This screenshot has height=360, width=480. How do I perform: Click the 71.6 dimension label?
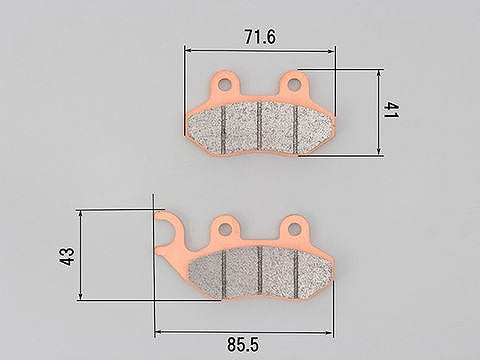coord(260,37)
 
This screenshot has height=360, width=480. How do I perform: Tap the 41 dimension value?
coord(391,110)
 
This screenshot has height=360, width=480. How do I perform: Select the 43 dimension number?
coord(67,256)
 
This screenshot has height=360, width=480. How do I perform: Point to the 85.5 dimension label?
coord(243,344)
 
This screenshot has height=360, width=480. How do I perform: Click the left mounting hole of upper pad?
coord(224,84)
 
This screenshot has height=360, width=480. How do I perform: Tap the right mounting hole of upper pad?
coord(293,84)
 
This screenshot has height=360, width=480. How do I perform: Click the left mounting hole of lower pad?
coord(226,228)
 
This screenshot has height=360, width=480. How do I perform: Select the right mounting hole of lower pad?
coord(294,228)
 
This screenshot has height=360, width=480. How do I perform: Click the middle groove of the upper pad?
coord(260,126)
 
